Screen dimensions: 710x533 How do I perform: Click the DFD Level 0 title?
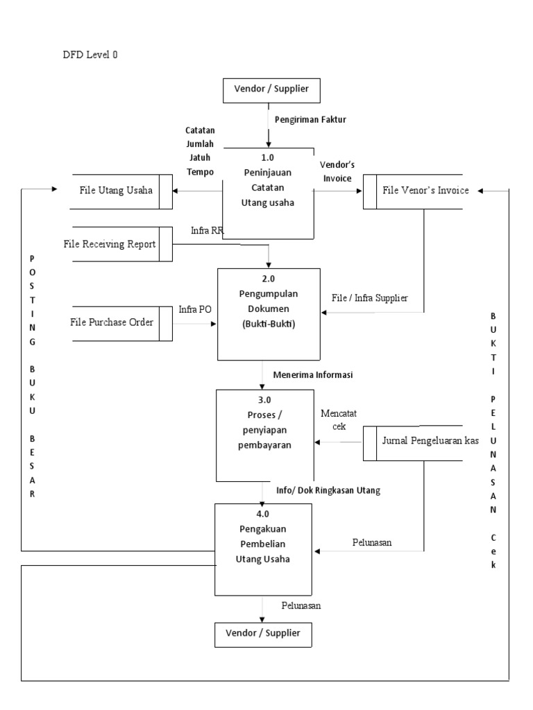(90, 55)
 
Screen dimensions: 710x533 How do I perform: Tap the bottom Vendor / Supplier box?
(262, 634)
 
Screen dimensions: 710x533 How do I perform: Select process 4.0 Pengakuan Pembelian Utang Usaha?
(262, 548)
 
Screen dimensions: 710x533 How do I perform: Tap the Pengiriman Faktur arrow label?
(311, 119)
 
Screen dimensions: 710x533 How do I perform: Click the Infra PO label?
(195, 309)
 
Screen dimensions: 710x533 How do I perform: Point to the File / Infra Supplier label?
(369, 297)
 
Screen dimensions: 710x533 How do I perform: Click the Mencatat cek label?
(339, 420)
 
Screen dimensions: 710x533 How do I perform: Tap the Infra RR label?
(207, 230)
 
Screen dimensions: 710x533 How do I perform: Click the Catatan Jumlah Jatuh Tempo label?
(200, 150)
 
